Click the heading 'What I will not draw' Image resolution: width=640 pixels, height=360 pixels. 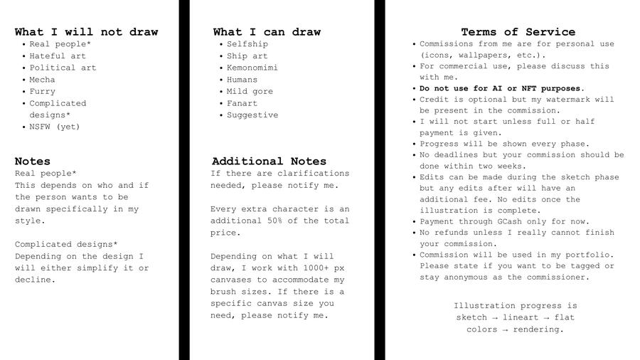(x=86, y=32)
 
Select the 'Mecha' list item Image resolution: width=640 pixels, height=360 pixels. (x=42, y=80)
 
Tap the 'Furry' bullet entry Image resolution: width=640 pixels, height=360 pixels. (x=42, y=92)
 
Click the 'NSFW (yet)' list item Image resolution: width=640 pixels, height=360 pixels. (x=55, y=127)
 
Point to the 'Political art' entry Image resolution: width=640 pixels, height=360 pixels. (x=63, y=68)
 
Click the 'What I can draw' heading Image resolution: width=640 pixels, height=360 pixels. (x=267, y=32)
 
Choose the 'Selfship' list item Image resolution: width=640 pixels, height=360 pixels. (x=247, y=44)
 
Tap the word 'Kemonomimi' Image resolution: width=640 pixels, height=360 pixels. (x=252, y=68)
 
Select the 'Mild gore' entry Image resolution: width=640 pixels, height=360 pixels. (x=250, y=92)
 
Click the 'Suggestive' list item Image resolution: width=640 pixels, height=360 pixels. (x=252, y=115)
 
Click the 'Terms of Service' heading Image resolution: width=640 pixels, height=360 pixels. (x=518, y=32)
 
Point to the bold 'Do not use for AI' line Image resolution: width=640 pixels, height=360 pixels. (x=502, y=89)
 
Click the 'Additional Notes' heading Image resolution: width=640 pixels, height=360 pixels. (x=269, y=162)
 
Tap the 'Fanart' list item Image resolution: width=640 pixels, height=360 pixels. (x=242, y=103)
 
